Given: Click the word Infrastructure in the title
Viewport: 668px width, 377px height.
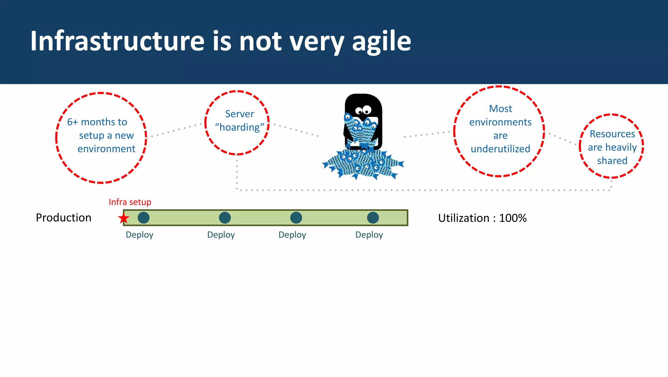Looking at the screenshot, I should pos(117,41).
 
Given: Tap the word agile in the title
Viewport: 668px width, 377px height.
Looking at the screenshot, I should pos(381,42).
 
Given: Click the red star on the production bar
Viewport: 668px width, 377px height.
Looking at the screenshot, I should pos(124,218).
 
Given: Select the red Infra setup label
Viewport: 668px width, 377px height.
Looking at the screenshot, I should pos(130,202).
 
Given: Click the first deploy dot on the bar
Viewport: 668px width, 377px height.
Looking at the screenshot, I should pos(144,218).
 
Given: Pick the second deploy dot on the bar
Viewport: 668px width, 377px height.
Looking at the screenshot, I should pos(225,218).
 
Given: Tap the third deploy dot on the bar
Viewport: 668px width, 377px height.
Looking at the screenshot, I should pos(296,218).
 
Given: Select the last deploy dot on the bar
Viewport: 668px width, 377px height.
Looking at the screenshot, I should pos(373,218).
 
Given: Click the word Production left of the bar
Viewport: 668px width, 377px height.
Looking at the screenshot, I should pos(64,218).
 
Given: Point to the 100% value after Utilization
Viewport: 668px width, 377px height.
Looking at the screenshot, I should pos(513,218).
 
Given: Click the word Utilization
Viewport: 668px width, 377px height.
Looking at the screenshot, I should pos(463,218).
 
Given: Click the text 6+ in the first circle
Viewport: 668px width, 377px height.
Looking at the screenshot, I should pos(72,122).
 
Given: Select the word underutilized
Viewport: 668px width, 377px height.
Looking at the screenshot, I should pos(500,149).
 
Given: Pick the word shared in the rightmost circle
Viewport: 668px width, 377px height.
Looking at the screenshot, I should pos(612,161).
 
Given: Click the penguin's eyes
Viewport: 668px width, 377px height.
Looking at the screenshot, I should pos(363,110).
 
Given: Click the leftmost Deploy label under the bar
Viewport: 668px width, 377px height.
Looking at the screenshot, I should pos(140,235).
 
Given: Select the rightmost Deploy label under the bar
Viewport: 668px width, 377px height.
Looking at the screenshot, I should pos(369,235).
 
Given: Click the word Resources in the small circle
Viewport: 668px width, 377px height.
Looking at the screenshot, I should pos(612,134).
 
